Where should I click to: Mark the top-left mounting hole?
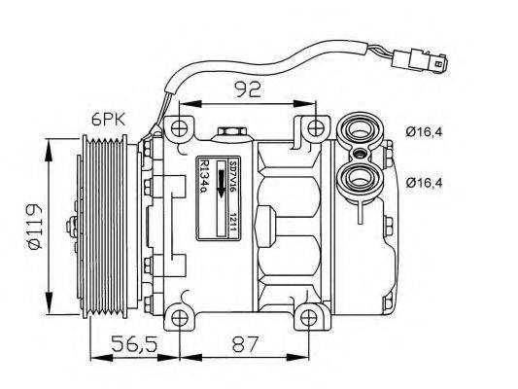click(x=177, y=128)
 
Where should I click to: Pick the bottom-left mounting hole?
click(x=177, y=317)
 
